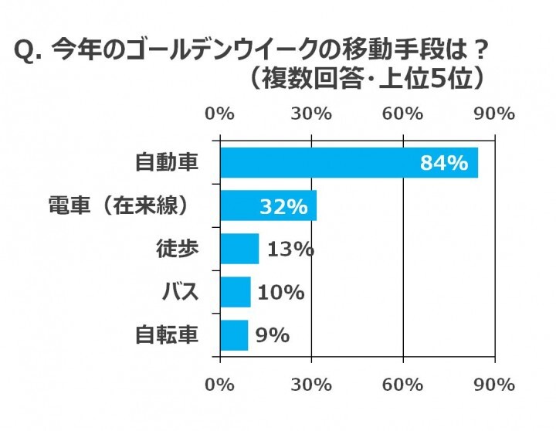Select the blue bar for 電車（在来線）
pos(268,206)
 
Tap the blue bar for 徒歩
pos(239,249)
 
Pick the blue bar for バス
pos(236,292)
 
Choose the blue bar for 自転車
pos(234,335)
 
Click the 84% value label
pos(443,163)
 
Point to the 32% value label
pos(283,207)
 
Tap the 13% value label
pos(290,249)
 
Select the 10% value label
pos(280,293)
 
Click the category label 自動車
pos(166,163)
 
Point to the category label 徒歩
pos(178,249)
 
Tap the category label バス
pos(179,292)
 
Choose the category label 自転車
pos(166,335)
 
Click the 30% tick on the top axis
pos(311,114)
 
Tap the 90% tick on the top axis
pos(494,114)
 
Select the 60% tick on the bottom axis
pos(403,384)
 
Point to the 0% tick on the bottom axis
pos(220,384)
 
